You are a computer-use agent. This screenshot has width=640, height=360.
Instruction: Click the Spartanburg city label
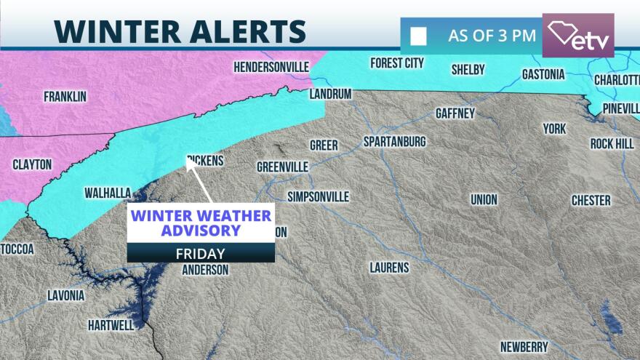coord(395,141)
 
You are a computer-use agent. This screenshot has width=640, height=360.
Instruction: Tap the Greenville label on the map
coord(283,167)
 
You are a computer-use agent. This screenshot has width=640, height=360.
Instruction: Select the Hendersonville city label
coord(271,67)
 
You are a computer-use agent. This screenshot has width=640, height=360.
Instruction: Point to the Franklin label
coord(65,96)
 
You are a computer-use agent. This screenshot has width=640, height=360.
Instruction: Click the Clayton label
coord(32,165)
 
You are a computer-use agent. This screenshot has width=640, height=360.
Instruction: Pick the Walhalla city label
coord(108,193)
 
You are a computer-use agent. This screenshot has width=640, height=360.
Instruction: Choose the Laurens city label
coord(389,268)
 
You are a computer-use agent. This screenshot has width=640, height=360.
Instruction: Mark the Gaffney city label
coord(455,113)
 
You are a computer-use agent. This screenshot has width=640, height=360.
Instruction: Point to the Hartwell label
coord(111,324)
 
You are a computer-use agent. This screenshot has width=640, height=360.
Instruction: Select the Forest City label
coord(396,63)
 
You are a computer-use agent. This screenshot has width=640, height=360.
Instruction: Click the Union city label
coord(484,199)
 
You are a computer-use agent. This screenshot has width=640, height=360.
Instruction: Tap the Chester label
coord(591,200)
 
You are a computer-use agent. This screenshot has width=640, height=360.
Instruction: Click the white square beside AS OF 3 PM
coord(418,36)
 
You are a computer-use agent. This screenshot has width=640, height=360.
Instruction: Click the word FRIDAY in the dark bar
coord(201,254)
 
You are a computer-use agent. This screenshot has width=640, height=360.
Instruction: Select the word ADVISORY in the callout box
coord(201,231)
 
